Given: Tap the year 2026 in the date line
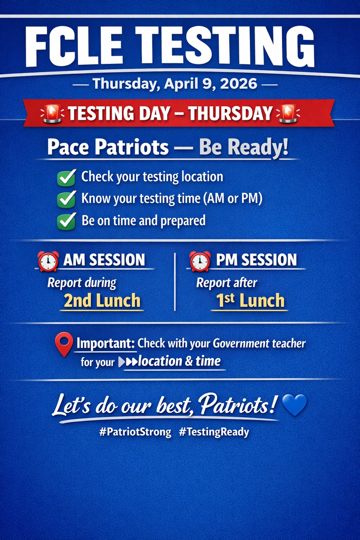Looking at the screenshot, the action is coord(239,84).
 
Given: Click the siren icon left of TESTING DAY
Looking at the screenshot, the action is coord(52,113).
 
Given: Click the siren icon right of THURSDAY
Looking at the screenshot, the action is coord(288,113).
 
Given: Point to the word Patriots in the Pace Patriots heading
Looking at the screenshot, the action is coord(132,148).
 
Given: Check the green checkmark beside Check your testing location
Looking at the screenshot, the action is coord(66,178).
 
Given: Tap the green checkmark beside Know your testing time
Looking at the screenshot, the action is coord(66,200).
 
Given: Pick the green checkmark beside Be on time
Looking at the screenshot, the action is coord(66,221).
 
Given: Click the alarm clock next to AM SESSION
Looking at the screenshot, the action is coord(48,262).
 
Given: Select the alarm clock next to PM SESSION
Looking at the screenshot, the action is coord(200,262).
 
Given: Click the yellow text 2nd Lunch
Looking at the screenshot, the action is coord(102,301).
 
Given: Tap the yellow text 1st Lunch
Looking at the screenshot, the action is coord(250,301).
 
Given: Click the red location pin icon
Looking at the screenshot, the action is coord(64,344).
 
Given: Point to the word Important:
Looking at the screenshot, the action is coord(105,343).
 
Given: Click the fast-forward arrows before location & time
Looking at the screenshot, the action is coord(128,362).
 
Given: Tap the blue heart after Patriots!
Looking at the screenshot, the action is coord(295,404).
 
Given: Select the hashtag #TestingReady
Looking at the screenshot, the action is coord(213,432).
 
